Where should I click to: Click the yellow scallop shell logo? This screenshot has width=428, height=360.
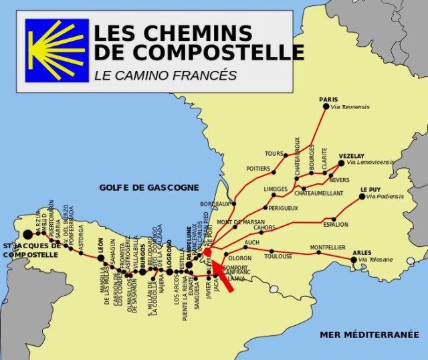coord(57,50)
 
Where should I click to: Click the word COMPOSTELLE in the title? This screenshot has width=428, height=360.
coord(199,52)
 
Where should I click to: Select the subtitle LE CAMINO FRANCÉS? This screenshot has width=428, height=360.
coord(165,75)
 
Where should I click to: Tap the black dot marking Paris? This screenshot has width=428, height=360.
coord(326,106)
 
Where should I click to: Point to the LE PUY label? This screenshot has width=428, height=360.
coord(371,189)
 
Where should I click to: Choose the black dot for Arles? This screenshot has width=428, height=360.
coord(354,260)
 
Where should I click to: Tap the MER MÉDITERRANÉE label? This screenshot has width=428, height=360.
coord(369,334)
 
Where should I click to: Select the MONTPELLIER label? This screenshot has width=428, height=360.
coord(328,248)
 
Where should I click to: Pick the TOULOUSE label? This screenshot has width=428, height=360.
coord(278,256)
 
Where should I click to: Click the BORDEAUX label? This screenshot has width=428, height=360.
coord(215,203)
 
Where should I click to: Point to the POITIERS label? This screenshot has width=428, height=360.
coord(258,169)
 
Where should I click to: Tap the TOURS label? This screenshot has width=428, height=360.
coord(274,154)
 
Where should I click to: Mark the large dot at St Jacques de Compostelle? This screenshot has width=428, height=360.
coord(27,234)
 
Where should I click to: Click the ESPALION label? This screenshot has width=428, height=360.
coord(336,225)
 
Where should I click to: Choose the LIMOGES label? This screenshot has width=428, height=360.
coord(276,189)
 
